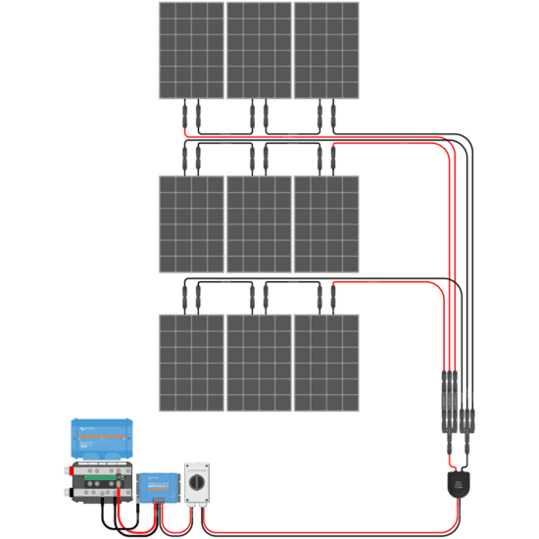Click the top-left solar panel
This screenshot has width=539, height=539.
191,49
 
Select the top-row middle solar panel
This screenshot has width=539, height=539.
259,49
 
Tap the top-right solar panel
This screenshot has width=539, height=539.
326,49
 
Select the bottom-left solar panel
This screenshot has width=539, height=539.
191,363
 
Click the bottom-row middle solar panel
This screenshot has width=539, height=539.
259,363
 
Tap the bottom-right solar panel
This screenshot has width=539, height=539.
326,363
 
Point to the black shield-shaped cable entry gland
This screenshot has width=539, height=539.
457,484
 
